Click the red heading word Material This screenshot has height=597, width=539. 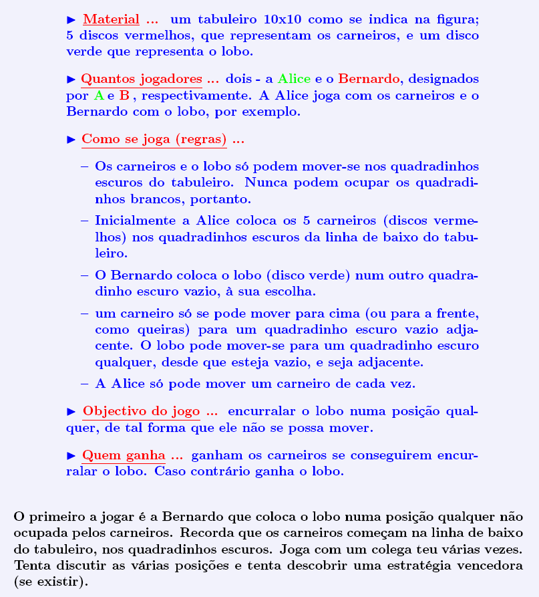[111, 19]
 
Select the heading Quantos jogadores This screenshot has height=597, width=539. [141, 79]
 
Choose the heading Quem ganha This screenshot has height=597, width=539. [124, 455]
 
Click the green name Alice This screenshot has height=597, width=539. [294, 79]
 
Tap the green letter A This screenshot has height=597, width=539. [99, 96]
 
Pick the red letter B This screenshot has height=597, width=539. [124, 96]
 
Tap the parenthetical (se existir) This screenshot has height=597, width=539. [50, 582]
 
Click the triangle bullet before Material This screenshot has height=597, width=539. [73, 19]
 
